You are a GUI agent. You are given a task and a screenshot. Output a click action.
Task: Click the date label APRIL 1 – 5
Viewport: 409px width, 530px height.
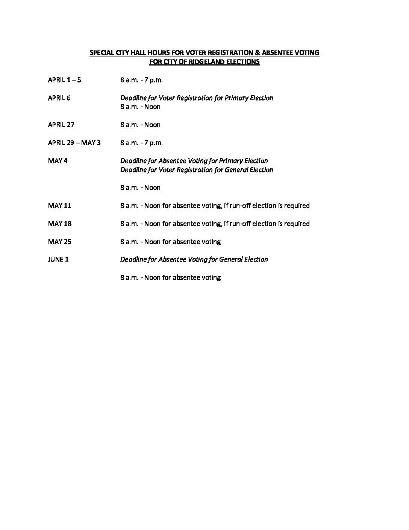pyautogui.click(x=64, y=80)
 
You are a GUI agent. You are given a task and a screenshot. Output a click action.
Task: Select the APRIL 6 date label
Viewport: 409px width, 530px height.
pyautogui.click(x=59, y=98)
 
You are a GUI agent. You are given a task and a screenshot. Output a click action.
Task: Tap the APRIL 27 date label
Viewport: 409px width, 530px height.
pyautogui.click(x=61, y=125)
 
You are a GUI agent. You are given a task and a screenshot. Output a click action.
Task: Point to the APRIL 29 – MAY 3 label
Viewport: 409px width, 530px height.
pyautogui.click(x=74, y=143)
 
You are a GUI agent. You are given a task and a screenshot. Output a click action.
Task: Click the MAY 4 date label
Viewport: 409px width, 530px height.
pyautogui.click(x=58, y=161)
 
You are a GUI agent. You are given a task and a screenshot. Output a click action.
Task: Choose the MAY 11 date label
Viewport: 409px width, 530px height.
pyautogui.click(x=59, y=206)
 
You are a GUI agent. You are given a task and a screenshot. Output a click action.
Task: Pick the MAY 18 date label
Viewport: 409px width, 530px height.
pyautogui.click(x=59, y=224)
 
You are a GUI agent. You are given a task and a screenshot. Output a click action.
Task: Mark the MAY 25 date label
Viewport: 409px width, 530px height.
pyautogui.click(x=59, y=242)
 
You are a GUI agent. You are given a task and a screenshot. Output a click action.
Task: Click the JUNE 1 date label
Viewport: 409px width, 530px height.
pyautogui.click(x=58, y=259)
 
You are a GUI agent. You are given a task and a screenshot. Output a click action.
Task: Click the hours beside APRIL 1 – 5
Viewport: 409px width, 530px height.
pyautogui.click(x=141, y=80)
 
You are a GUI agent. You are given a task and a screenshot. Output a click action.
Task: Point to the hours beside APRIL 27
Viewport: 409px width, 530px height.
pyautogui.click(x=140, y=125)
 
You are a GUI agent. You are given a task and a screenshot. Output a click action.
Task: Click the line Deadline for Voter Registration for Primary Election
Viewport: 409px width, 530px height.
pyautogui.click(x=197, y=98)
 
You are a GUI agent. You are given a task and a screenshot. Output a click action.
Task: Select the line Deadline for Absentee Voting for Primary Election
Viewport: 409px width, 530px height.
pyautogui.click(x=194, y=161)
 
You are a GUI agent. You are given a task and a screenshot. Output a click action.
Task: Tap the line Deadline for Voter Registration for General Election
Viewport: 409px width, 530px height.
pyautogui.click(x=197, y=170)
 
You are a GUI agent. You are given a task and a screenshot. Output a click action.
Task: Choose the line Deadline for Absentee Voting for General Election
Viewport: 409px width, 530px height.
pyautogui.click(x=194, y=259)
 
